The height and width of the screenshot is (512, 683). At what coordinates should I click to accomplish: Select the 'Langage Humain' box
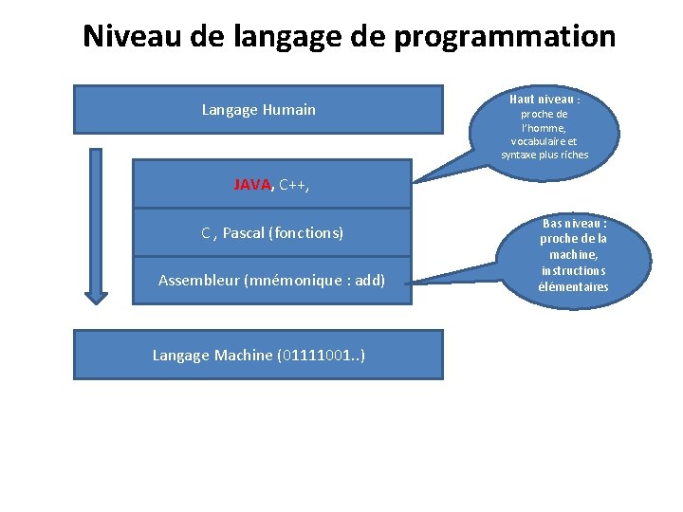tap(258, 110)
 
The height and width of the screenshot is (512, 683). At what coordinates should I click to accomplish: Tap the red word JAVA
tap(252, 185)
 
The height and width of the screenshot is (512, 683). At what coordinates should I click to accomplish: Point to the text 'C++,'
tap(294, 185)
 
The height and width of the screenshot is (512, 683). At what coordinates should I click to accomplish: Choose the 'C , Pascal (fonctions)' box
tap(272, 232)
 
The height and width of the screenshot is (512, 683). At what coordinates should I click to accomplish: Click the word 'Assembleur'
tap(198, 281)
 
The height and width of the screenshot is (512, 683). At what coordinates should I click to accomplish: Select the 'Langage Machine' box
tap(258, 355)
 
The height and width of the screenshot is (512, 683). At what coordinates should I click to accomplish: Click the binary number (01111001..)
tap(322, 355)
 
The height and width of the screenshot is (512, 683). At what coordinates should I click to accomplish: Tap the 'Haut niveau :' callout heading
tap(545, 100)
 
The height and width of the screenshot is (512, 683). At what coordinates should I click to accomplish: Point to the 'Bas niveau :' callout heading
tap(574, 224)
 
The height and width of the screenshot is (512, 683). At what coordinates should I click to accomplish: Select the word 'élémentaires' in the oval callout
tap(573, 287)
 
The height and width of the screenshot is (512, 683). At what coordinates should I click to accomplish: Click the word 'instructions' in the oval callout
tap(573, 271)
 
